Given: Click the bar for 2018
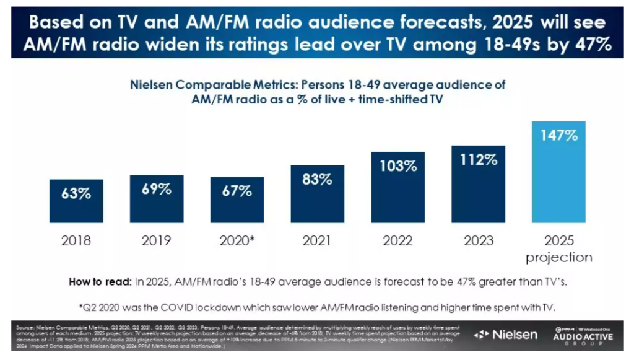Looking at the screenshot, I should click(x=76, y=202).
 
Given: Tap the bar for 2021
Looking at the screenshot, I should click(x=317, y=195).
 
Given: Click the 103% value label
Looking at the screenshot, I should click(x=397, y=166).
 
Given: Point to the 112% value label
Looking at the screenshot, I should click(x=478, y=159).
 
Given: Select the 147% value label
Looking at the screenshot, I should click(x=558, y=135).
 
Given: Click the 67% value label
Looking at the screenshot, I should click(x=237, y=190).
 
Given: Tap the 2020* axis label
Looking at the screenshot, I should click(x=237, y=240).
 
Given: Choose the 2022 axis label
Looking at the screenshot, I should click(x=397, y=240).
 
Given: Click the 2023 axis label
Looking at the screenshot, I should click(x=478, y=240).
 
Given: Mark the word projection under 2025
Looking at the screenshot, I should click(x=559, y=257).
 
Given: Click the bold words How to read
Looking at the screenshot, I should click(x=100, y=282).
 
